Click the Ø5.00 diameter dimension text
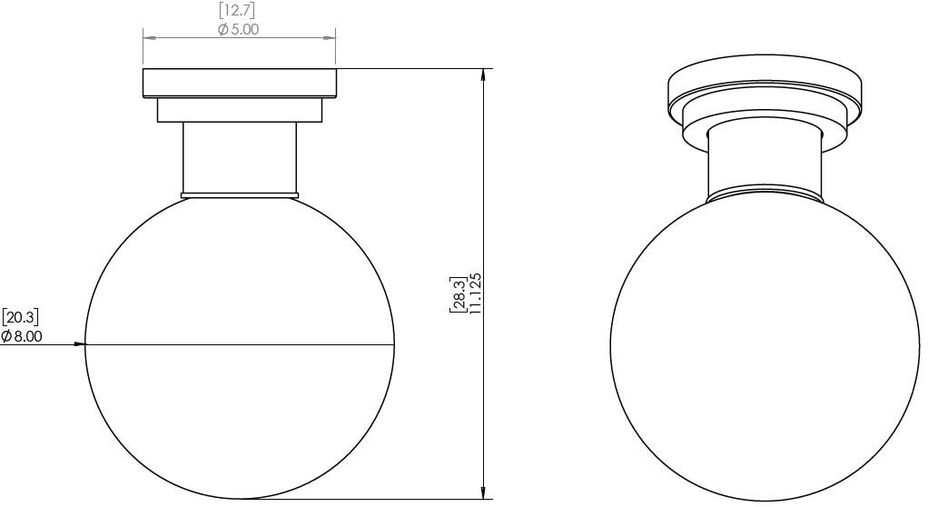[238, 29]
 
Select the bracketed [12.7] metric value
[237, 10]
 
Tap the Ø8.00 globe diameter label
[21, 336]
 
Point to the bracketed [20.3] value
[20, 317]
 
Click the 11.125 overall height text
[476, 293]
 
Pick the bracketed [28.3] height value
[458, 293]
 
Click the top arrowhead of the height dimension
[484, 75]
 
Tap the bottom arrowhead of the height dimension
[484, 492]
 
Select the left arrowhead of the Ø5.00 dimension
[149, 38]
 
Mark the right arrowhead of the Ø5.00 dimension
[329, 38]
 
